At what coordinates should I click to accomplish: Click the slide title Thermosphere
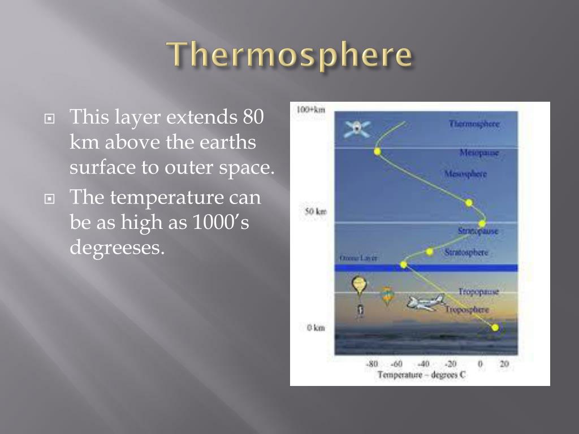[x=289, y=55]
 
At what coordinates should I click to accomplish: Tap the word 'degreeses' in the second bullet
[x=117, y=247]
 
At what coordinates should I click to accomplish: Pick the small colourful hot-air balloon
[x=387, y=295]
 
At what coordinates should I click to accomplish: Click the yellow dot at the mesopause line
[x=377, y=151]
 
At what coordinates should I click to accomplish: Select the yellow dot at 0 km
[x=495, y=328]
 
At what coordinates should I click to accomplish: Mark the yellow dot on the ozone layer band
[x=404, y=264]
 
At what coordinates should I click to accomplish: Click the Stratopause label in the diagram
[x=478, y=231]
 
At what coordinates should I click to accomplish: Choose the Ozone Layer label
[x=358, y=258]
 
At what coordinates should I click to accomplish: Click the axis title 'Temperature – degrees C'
[x=421, y=375]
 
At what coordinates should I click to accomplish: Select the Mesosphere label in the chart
[x=465, y=174]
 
